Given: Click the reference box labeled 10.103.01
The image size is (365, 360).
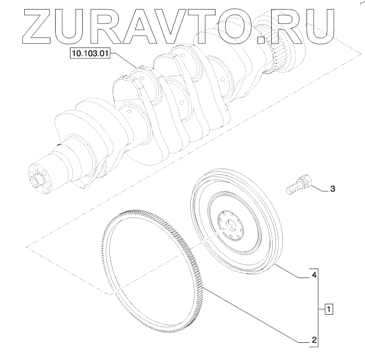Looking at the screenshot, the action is tap(90, 53).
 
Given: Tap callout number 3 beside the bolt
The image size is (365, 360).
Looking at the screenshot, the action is tap(333, 189).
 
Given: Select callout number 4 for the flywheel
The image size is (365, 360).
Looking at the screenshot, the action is tap(314, 275).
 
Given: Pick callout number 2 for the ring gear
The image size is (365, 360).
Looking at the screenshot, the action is tap(314, 340).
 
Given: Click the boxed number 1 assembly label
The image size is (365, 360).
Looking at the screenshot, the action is tap(329, 310).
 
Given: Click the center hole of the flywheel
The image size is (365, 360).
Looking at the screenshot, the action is tap(230, 225).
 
